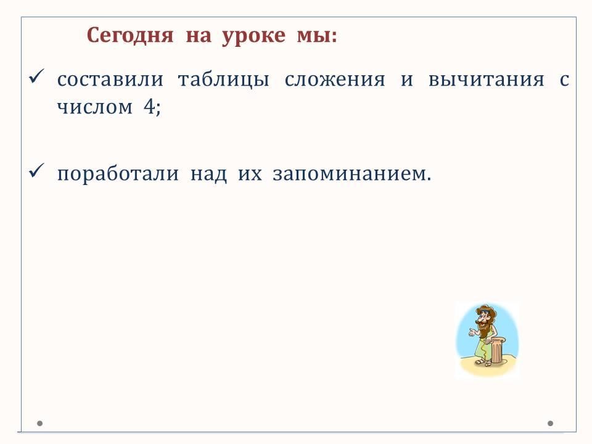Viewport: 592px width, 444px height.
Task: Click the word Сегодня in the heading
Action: (x=130, y=36)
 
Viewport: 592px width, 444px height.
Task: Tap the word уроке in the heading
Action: (x=253, y=37)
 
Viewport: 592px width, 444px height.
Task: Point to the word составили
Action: (x=110, y=80)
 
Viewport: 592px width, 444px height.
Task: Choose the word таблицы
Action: (x=223, y=80)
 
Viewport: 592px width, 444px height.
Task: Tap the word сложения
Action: (x=335, y=80)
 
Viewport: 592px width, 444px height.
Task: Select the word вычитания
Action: (x=487, y=80)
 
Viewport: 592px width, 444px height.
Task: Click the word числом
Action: (x=95, y=107)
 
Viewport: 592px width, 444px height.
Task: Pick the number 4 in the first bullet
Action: (x=149, y=106)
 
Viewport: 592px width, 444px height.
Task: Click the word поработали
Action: (x=118, y=174)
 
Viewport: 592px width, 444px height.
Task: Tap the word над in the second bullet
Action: (x=209, y=175)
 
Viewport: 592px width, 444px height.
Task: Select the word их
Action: (x=250, y=175)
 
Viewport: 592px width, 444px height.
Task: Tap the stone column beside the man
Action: (x=498, y=351)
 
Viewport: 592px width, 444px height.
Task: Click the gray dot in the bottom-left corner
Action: (x=39, y=423)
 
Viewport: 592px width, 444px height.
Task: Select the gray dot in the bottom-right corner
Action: (x=551, y=423)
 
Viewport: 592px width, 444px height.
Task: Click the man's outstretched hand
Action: (x=472, y=332)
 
